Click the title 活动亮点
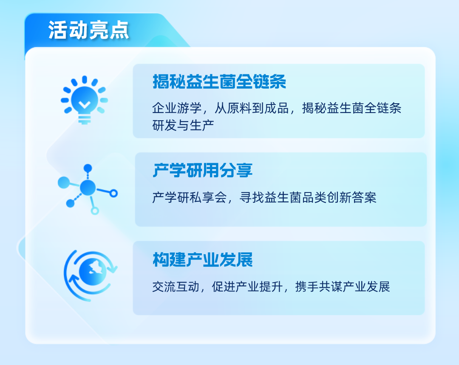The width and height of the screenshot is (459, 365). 88,30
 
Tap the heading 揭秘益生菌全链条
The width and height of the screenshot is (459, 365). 219,82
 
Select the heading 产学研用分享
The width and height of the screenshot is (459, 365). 203,170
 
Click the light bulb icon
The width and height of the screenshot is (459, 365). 84,100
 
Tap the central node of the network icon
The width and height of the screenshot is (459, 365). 88,188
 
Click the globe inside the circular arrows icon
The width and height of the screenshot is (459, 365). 93,272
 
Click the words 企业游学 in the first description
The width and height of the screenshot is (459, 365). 177,108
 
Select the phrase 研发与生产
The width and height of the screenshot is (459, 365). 183,125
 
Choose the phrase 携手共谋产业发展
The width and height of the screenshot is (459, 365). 343,287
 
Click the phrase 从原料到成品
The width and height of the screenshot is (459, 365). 252,108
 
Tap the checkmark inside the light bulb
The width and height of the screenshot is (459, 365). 84,104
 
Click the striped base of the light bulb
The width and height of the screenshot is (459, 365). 84,120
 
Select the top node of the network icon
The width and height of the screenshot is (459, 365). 88,168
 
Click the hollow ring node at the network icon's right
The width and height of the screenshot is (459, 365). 113,193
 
